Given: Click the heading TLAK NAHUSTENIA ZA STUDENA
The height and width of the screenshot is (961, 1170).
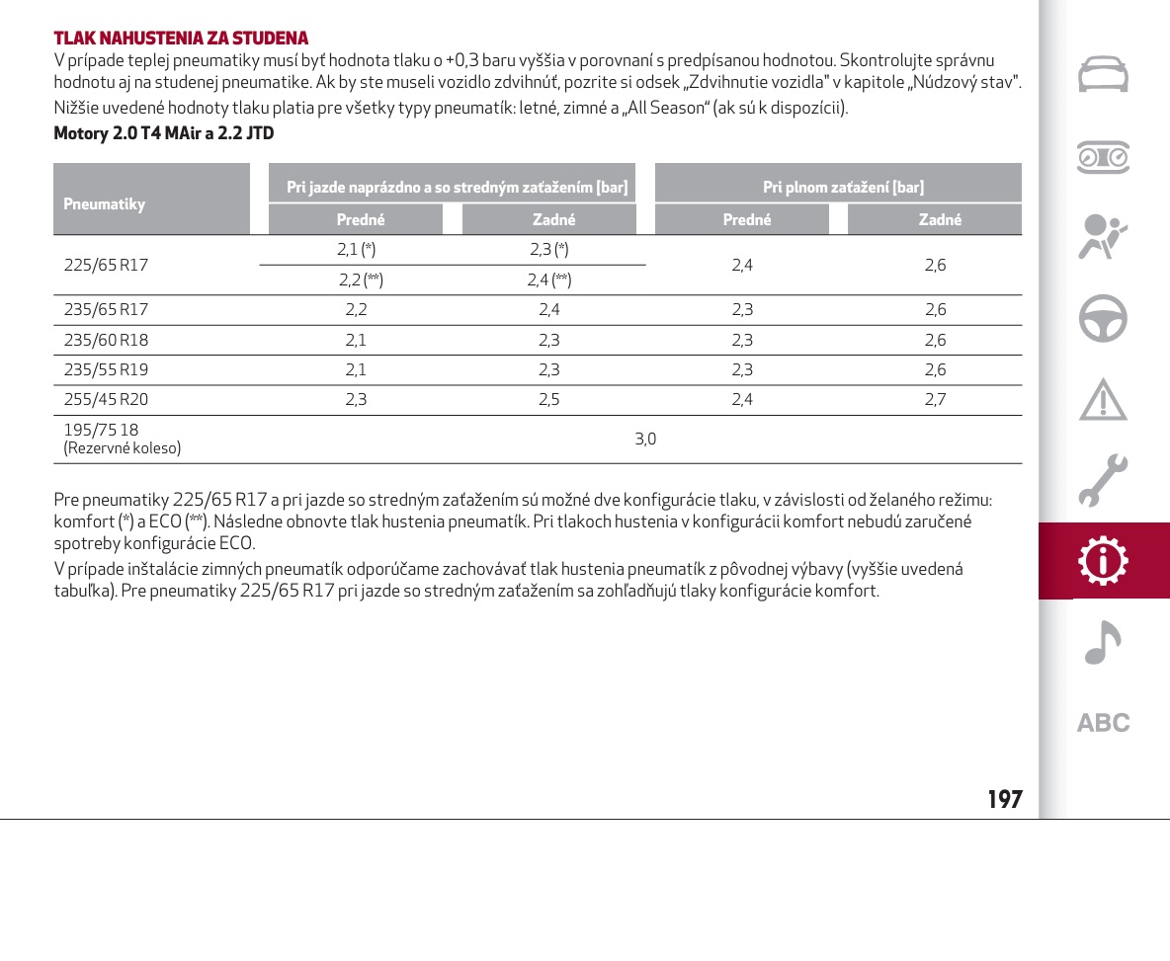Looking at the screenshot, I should click(x=181, y=39).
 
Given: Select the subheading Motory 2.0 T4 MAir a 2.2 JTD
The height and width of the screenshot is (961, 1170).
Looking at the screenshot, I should click(x=164, y=132).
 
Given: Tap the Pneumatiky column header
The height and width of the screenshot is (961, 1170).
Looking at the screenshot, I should click(x=105, y=204).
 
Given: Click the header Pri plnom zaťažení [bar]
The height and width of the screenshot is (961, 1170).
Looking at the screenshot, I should click(x=843, y=187).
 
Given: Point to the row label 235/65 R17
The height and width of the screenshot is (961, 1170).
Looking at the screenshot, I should click(x=106, y=310).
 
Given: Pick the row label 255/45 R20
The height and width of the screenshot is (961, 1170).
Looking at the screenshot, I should click(x=106, y=400).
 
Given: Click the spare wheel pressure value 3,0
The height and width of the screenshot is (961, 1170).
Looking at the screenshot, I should click(x=645, y=440).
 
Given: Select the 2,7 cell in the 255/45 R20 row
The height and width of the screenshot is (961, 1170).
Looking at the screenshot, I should click(x=935, y=400).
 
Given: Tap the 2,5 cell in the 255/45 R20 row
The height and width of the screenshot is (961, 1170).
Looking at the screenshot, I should click(x=548, y=400).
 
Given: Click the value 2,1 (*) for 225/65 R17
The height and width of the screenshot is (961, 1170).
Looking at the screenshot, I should click(x=356, y=250).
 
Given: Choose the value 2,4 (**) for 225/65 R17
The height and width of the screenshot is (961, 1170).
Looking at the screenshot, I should click(x=548, y=280).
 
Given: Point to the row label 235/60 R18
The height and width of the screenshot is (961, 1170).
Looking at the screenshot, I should click(x=106, y=341).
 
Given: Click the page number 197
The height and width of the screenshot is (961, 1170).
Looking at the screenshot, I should click(x=1005, y=800).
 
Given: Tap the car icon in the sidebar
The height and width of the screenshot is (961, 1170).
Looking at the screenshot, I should click(x=1103, y=75).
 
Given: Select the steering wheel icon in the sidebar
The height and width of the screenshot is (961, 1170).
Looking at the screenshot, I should click(x=1103, y=318).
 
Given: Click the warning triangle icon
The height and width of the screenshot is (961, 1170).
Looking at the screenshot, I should click(x=1103, y=399).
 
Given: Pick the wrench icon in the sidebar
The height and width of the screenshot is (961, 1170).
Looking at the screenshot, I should click(x=1103, y=480).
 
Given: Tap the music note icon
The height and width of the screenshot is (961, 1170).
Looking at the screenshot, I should click(x=1103, y=643).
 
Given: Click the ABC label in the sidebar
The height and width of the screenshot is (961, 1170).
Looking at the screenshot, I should click(x=1103, y=723).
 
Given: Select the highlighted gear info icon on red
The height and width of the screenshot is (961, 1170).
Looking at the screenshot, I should click(x=1104, y=561).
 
